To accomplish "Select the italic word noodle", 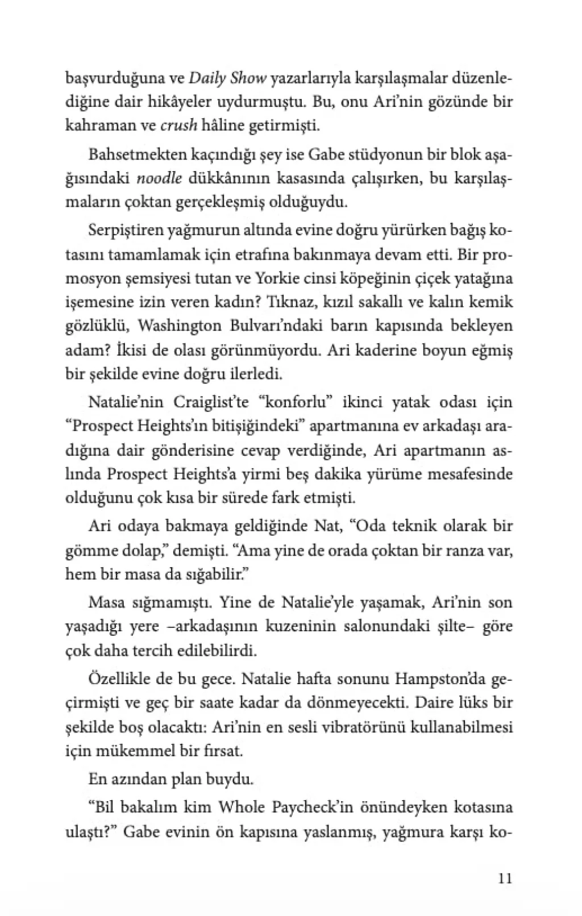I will point(160,178).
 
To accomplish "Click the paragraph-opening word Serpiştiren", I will point(124,231).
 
